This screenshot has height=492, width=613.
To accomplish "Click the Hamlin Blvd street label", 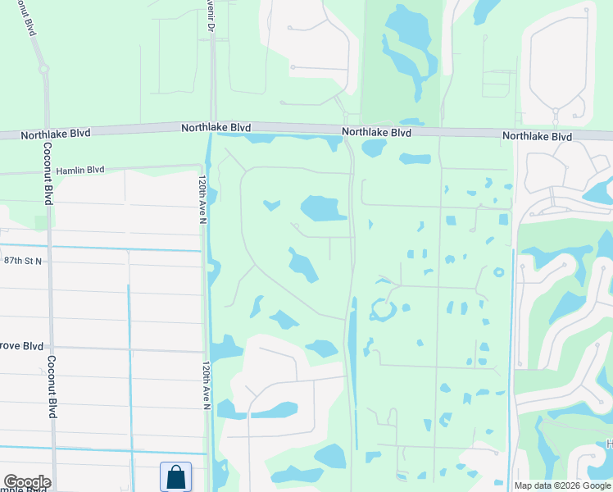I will (x=80, y=170).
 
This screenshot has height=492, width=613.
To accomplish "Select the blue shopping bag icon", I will (x=175, y=476).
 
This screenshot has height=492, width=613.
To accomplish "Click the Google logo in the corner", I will (x=26, y=482).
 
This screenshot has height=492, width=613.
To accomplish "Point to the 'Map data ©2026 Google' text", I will (x=561, y=485).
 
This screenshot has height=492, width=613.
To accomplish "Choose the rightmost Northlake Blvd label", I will (x=537, y=136).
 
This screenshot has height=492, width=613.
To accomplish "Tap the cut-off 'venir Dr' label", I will (x=210, y=17).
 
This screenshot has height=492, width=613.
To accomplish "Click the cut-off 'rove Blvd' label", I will (x=22, y=347).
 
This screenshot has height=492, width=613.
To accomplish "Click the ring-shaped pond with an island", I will (x=383, y=310).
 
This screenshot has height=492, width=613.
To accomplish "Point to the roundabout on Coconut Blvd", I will (x=42, y=71).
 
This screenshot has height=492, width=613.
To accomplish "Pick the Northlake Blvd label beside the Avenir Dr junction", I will (x=216, y=128).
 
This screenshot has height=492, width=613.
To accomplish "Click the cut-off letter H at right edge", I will (x=609, y=444).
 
